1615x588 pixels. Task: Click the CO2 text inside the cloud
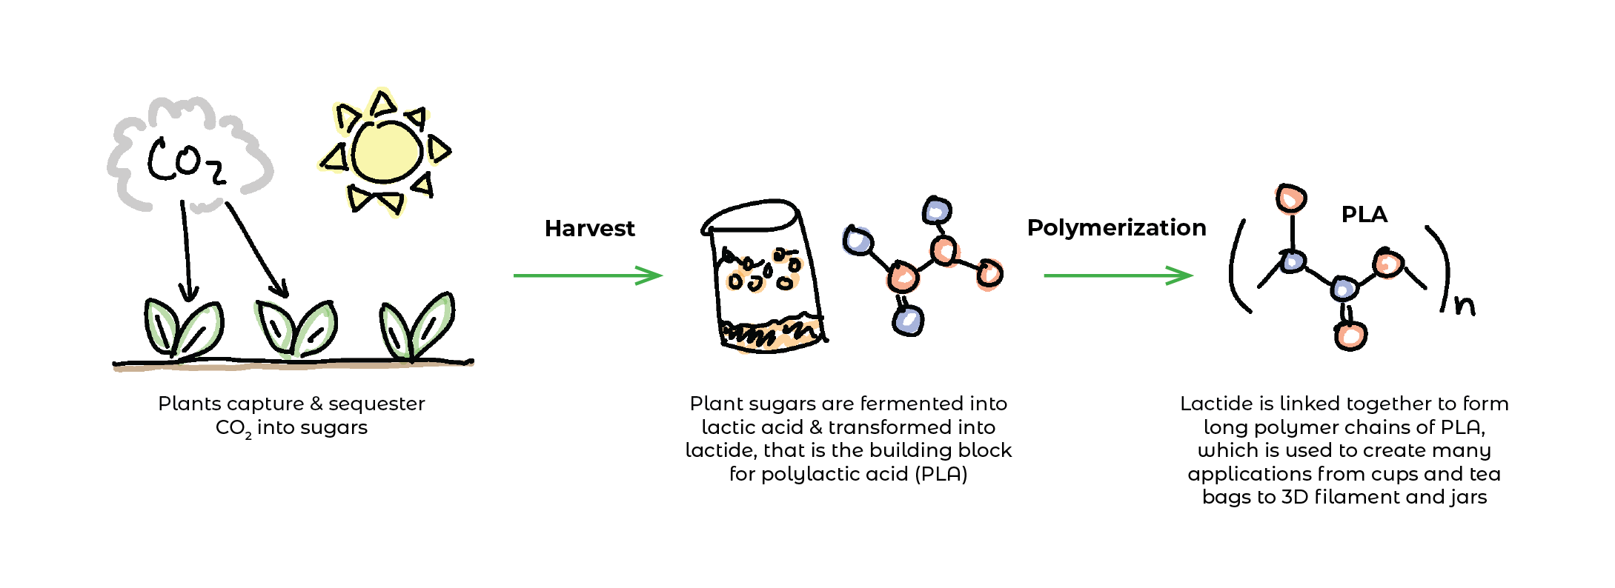(x=185, y=161)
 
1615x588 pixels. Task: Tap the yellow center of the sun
(x=387, y=152)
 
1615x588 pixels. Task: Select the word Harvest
(x=589, y=229)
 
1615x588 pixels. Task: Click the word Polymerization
(x=1116, y=228)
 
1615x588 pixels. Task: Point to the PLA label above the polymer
(x=1364, y=215)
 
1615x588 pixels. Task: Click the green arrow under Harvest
(x=587, y=275)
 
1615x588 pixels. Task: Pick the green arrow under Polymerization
(x=1118, y=275)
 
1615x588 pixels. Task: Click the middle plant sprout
(x=296, y=328)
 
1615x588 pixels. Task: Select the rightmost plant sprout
(x=417, y=327)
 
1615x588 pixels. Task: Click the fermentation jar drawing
(x=763, y=278)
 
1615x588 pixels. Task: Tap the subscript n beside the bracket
(x=1464, y=304)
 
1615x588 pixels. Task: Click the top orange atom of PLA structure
(x=1291, y=198)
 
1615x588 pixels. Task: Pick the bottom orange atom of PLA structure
(x=1350, y=336)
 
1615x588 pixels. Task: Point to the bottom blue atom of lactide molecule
(x=908, y=321)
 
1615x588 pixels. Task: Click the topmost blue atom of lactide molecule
(x=937, y=211)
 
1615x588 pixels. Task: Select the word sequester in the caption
(x=377, y=404)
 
